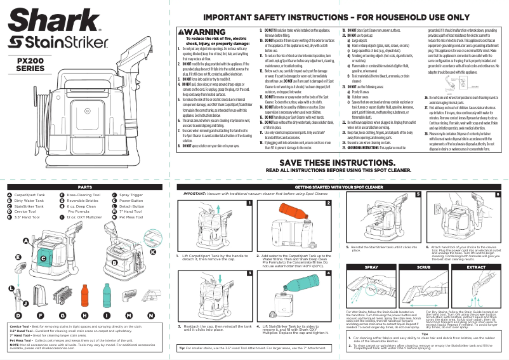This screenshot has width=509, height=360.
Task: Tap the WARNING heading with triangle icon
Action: pyautogui.click(x=199, y=32)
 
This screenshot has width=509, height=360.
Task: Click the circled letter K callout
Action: pyautogui.click(x=152, y=251)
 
